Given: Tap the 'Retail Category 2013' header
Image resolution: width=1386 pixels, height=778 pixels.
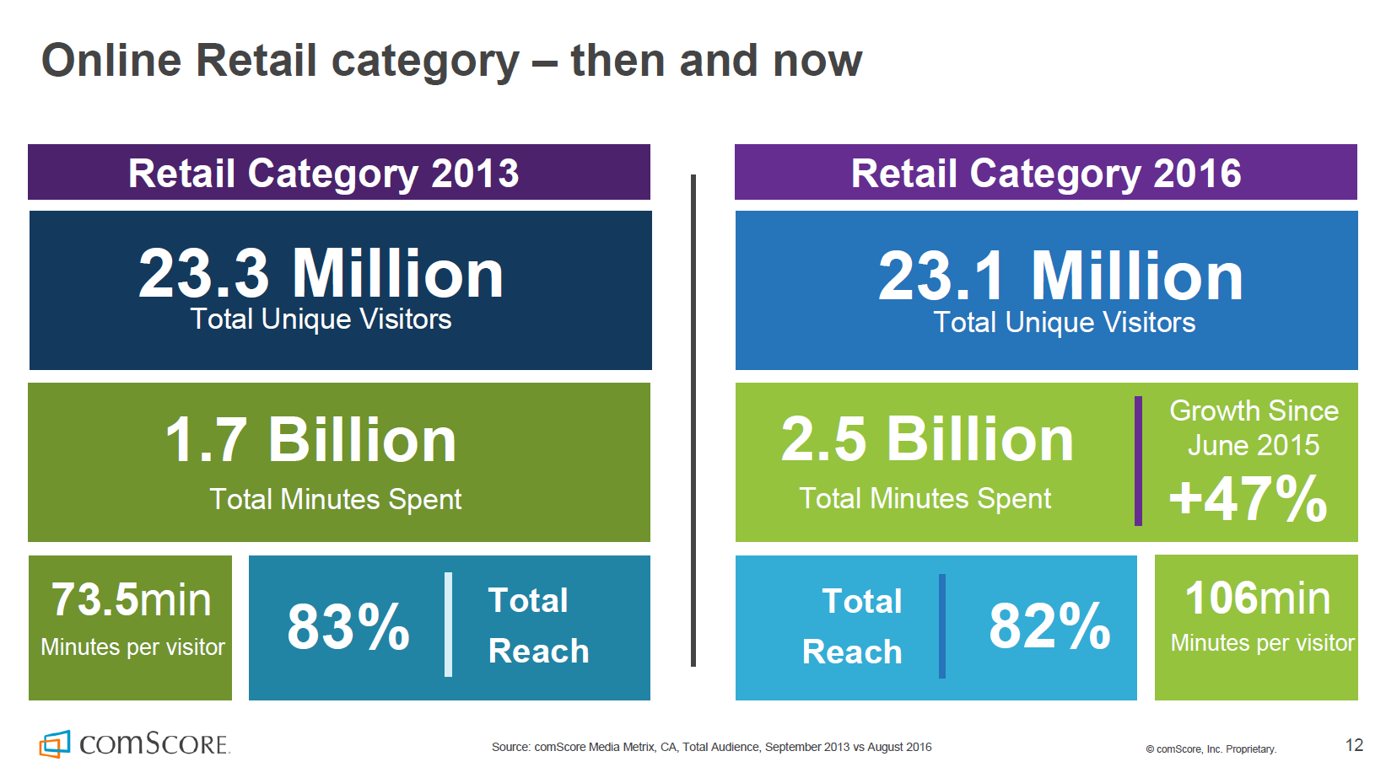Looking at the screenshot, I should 323,173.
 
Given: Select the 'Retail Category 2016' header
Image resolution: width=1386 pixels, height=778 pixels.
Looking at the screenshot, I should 1045,173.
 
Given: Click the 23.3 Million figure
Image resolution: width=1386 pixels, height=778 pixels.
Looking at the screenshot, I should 321,274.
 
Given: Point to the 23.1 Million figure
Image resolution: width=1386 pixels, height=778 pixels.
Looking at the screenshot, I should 1060,276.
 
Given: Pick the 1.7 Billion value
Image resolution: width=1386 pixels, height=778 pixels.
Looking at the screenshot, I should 310,440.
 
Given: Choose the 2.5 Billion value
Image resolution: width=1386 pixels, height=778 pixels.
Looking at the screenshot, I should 926,440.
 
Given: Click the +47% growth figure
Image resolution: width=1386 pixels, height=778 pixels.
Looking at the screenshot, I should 1248,498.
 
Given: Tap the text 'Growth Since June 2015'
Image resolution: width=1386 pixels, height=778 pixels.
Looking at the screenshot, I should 1254,427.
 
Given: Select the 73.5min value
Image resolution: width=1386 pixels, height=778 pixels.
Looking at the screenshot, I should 131,600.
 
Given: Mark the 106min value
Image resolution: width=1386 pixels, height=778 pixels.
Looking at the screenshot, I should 1257,598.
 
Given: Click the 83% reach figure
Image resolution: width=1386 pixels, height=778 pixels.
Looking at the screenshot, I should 348,627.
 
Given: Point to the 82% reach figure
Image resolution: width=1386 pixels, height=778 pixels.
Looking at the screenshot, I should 1049,626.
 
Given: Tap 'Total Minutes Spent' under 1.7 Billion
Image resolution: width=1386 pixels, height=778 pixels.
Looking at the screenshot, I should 335,499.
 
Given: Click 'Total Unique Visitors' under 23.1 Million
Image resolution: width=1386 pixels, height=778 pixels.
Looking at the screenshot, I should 1064,322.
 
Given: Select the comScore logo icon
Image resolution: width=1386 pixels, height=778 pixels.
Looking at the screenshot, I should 55,743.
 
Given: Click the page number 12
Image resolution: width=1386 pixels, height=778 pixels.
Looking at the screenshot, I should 1354,745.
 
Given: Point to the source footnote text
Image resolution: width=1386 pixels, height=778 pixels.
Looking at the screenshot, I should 711,747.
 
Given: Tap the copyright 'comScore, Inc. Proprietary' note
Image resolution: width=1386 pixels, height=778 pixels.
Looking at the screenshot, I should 1211,748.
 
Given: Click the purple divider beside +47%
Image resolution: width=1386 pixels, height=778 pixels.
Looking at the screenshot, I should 1138,461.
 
